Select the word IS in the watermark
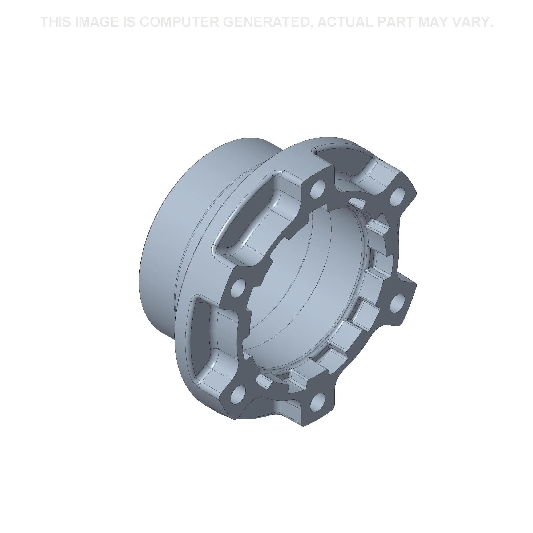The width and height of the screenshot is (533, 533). [x=128, y=22]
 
